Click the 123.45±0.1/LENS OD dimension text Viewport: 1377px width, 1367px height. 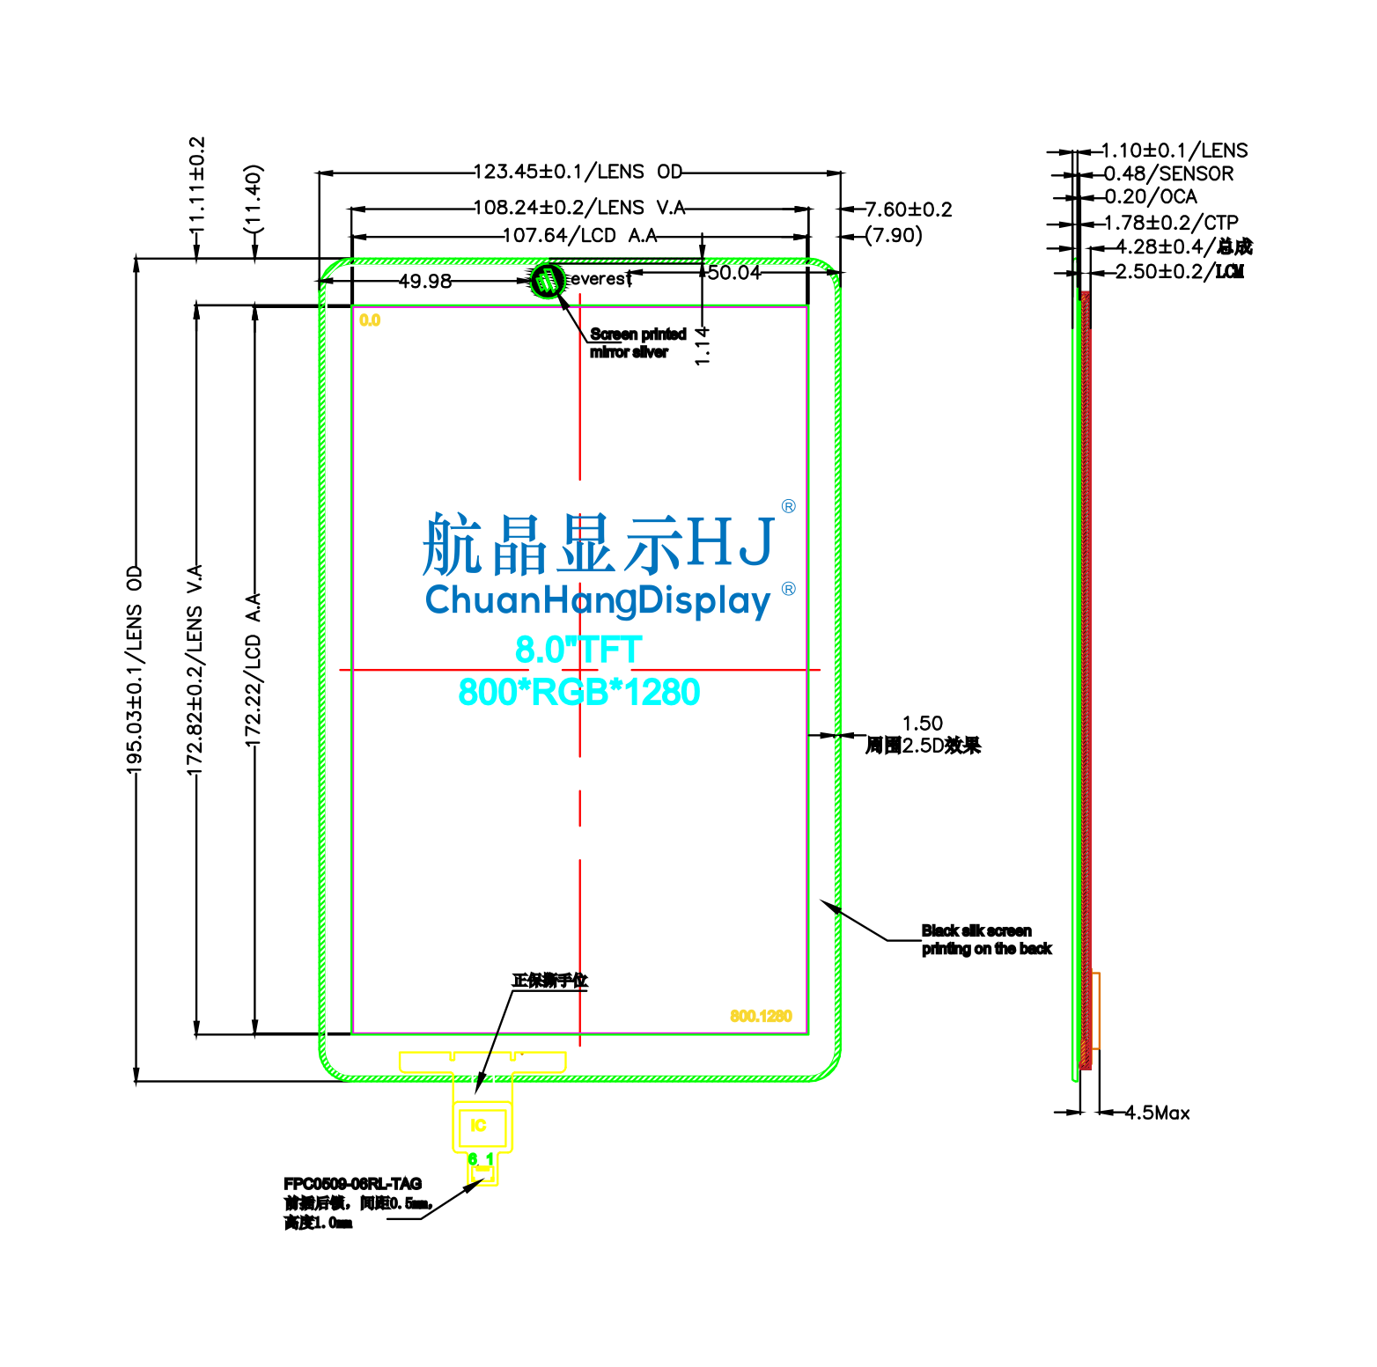click(578, 171)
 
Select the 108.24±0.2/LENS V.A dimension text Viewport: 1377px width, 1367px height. click(578, 208)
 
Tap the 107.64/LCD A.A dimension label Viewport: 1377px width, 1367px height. click(579, 236)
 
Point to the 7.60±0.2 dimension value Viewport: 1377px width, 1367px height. click(908, 209)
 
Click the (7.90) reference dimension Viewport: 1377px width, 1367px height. click(893, 236)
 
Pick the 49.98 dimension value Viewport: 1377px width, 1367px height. click(425, 281)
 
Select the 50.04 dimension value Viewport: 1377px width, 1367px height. click(733, 273)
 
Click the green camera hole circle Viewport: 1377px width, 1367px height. click(547, 281)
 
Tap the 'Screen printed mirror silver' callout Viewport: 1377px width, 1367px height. click(637, 343)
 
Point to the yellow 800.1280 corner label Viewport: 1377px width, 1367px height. click(761, 1016)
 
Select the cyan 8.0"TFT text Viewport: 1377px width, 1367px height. click(578, 650)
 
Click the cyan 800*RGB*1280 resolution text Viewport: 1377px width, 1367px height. click(578, 692)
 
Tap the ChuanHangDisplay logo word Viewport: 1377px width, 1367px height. click(598, 600)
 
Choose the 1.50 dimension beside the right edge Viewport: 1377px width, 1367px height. click(922, 724)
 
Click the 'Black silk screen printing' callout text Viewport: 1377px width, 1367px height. click(986, 939)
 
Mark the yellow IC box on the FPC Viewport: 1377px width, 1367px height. click(481, 1126)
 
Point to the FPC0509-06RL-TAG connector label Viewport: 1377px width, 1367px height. click(352, 1184)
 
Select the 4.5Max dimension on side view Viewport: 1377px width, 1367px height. click(1157, 1113)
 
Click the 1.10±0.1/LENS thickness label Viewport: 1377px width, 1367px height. click(1174, 151)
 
